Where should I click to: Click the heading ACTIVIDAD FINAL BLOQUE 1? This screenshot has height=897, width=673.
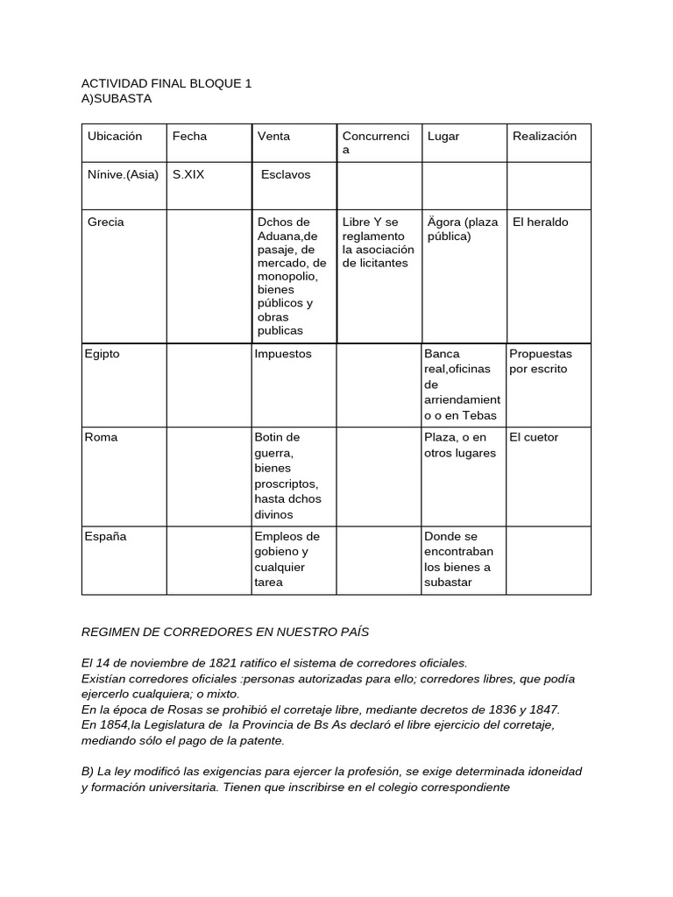(x=166, y=83)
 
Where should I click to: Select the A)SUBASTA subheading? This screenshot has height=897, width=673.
(x=116, y=98)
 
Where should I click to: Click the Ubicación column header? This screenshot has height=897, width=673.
(x=115, y=136)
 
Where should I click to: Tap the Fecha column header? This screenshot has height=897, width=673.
(x=189, y=136)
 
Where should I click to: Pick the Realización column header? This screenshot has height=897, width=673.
(x=544, y=136)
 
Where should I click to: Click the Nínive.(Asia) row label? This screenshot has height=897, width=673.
(x=123, y=174)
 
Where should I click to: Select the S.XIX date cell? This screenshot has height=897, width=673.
(x=188, y=174)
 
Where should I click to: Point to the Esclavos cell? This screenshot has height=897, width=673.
(x=286, y=174)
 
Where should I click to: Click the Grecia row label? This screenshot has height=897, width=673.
(x=106, y=222)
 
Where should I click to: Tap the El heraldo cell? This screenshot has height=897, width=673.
(x=541, y=222)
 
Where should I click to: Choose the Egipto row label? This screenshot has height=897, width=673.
(x=103, y=354)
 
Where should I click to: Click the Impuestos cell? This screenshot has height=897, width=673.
(x=282, y=354)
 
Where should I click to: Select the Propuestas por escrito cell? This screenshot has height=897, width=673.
(x=541, y=361)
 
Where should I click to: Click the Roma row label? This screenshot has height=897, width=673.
(x=100, y=437)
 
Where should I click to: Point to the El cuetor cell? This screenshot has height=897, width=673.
(x=534, y=437)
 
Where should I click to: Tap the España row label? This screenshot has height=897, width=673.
(x=105, y=536)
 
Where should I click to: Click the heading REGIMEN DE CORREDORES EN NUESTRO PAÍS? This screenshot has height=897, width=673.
(x=225, y=632)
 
